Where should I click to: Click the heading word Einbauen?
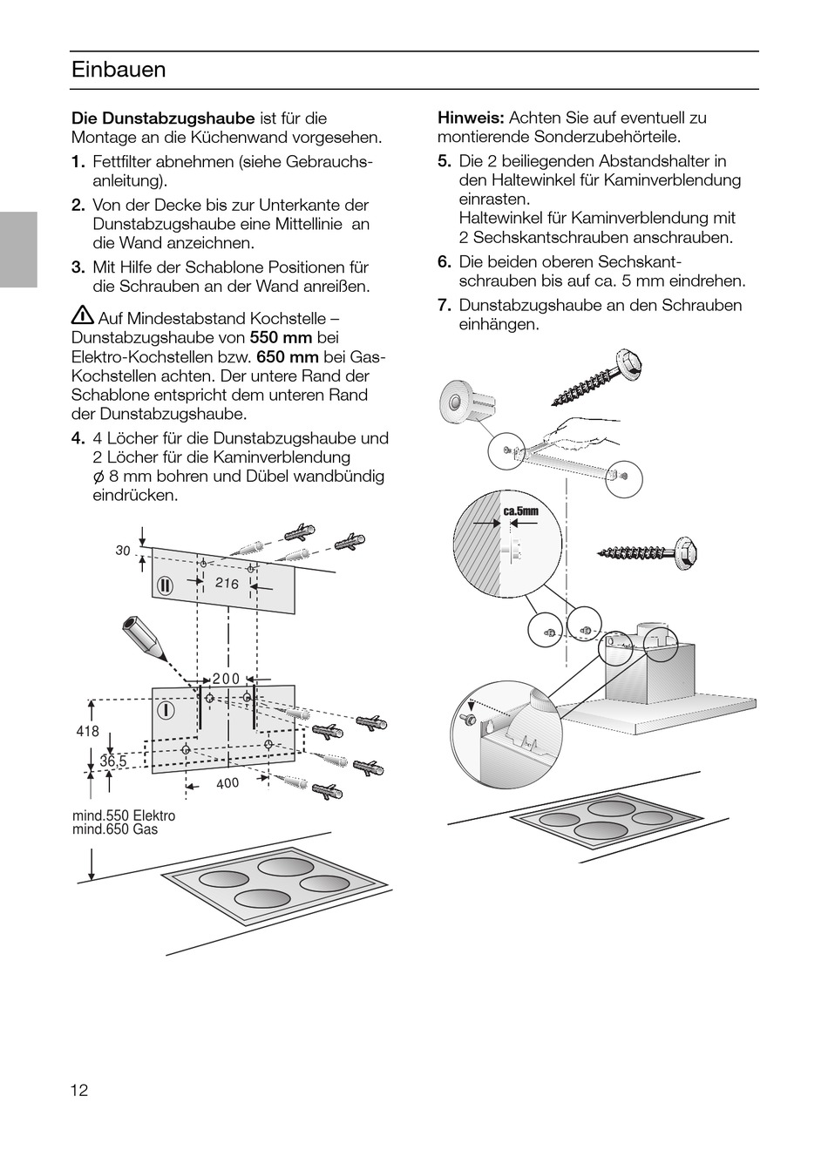coord(119,70)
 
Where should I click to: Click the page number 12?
coord(80,1090)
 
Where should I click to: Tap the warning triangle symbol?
coord(83,317)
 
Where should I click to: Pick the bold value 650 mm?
coord(288,356)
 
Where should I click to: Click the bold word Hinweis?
coord(471,118)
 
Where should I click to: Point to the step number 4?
coord(78,438)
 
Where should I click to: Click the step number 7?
coord(445,305)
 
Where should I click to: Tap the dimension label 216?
coord(227,583)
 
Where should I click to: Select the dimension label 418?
coord(88,732)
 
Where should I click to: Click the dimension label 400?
coord(227,783)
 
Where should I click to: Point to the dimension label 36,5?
coord(113,761)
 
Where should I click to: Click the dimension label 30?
coord(122,551)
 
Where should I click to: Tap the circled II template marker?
coord(166,584)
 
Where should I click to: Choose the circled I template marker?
coord(166,710)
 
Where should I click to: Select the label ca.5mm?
coord(520,511)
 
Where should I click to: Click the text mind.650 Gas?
coord(115,829)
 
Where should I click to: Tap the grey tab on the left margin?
coord(18,249)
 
